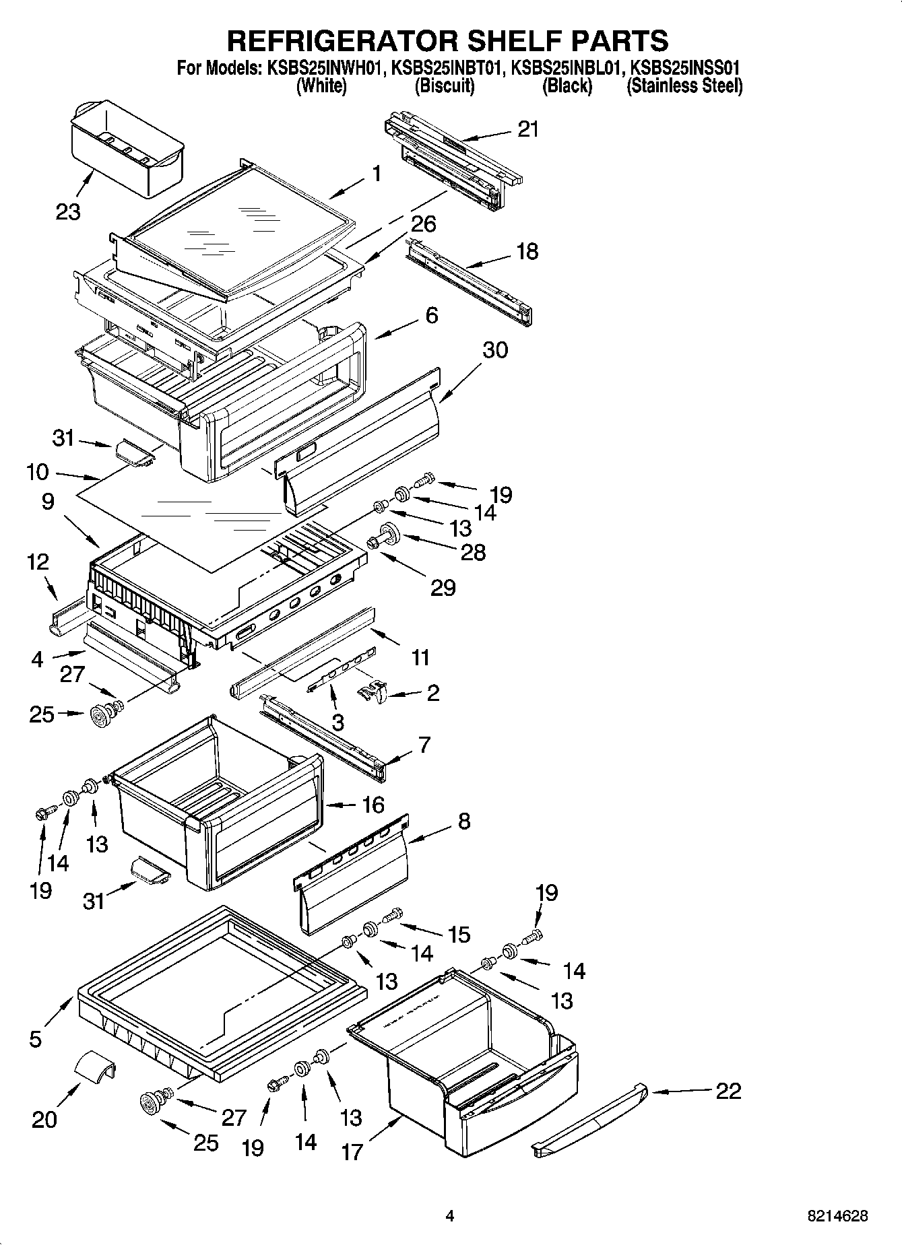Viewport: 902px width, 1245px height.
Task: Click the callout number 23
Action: [68, 212]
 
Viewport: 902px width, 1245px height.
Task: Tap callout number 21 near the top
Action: [528, 129]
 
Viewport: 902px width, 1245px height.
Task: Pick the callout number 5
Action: [36, 1039]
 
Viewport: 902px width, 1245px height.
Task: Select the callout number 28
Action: [473, 553]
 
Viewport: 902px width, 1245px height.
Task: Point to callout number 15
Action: [459, 935]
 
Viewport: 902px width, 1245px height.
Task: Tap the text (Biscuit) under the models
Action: [444, 86]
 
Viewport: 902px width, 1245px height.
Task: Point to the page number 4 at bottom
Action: [450, 1216]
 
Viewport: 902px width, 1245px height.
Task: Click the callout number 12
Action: [38, 562]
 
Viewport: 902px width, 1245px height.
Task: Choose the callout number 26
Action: [423, 224]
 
